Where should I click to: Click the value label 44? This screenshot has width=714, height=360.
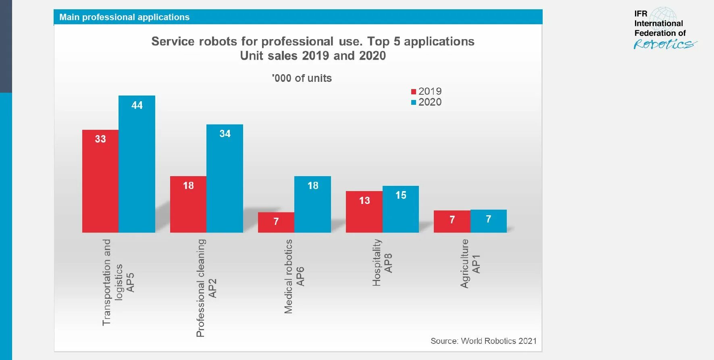click(x=137, y=105)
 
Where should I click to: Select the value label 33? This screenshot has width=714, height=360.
click(x=100, y=139)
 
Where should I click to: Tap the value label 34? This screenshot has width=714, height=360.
click(x=225, y=134)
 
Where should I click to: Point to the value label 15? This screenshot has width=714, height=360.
click(x=401, y=195)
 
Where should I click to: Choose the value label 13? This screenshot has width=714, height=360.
click(x=364, y=200)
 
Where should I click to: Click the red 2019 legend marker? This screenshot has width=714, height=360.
click(x=414, y=92)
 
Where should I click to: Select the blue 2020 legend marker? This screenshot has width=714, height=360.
click(x=414, y=102)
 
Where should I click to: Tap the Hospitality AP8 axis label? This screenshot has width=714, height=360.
click(x=382, y=263)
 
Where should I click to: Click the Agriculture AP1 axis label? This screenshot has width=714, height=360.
click(x=470, y=264)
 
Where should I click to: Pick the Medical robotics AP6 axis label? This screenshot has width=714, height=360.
click(x=294, y=277)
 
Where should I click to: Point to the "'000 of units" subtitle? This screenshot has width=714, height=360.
click(x=302, y=78)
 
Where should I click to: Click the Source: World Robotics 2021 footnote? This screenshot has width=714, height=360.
click(x=483, y=341)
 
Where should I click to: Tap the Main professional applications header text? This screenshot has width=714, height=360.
click(x=124, y=17)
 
